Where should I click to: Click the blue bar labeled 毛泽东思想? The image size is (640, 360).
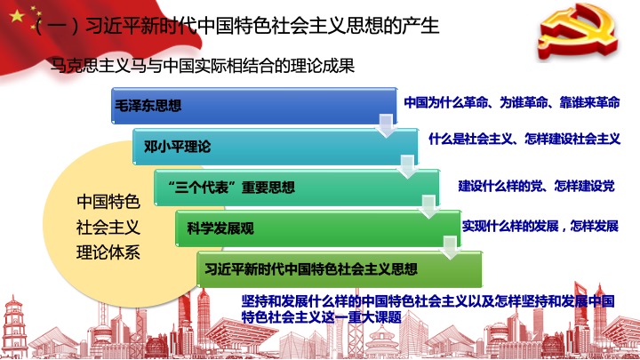[x=254, y=105]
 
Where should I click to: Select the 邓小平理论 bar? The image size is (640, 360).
[x=275, y=147]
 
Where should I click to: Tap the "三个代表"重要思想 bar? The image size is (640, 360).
[x=297, y=188]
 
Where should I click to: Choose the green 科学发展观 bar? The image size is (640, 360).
[x=318, y=228]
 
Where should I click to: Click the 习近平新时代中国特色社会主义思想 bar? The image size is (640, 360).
[x=340, y=269]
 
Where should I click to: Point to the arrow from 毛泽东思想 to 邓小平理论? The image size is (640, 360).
[x=386, y=125]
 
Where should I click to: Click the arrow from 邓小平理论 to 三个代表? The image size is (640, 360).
[x=407, y=166]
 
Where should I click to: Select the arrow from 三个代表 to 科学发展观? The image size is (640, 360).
[x=428, y=207]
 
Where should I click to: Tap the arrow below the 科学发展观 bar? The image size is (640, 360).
[x=450, y=248]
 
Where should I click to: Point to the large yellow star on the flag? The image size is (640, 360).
[x=17, y=16]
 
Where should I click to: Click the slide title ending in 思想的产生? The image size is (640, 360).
[x=236, y=26]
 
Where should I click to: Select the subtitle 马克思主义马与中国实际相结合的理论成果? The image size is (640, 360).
[x=203, y=65]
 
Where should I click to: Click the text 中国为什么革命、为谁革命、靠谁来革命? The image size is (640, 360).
[x=512, y=102]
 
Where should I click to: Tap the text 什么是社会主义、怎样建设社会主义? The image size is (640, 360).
[x=524, y=139]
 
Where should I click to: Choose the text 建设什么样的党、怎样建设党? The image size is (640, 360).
[x=536, y=186]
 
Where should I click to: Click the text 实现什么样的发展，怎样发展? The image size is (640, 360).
[x=540, y=226]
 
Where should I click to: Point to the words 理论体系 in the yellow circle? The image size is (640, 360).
[x=108, y=252]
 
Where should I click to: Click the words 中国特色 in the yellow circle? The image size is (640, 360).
[x=108, y=202]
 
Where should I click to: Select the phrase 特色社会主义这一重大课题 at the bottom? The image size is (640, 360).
[x=322, y=317]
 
